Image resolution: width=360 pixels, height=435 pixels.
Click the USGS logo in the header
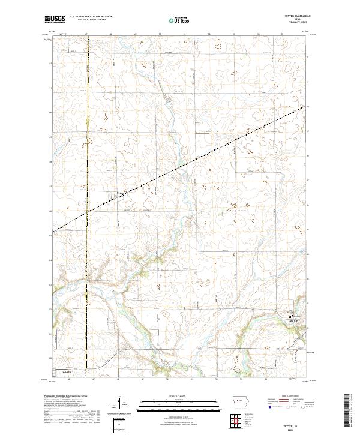[x=55, y=20]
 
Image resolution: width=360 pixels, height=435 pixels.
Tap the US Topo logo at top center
[x=180, y=20]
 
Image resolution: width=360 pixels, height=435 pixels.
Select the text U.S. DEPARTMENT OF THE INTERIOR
[x=91, y=17]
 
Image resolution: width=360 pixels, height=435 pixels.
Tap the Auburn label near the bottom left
[x=60, y=370]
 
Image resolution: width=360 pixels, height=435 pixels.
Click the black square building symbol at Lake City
[x=293, y=316]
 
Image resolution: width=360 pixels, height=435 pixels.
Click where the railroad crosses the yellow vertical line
[x=87, y=212]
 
